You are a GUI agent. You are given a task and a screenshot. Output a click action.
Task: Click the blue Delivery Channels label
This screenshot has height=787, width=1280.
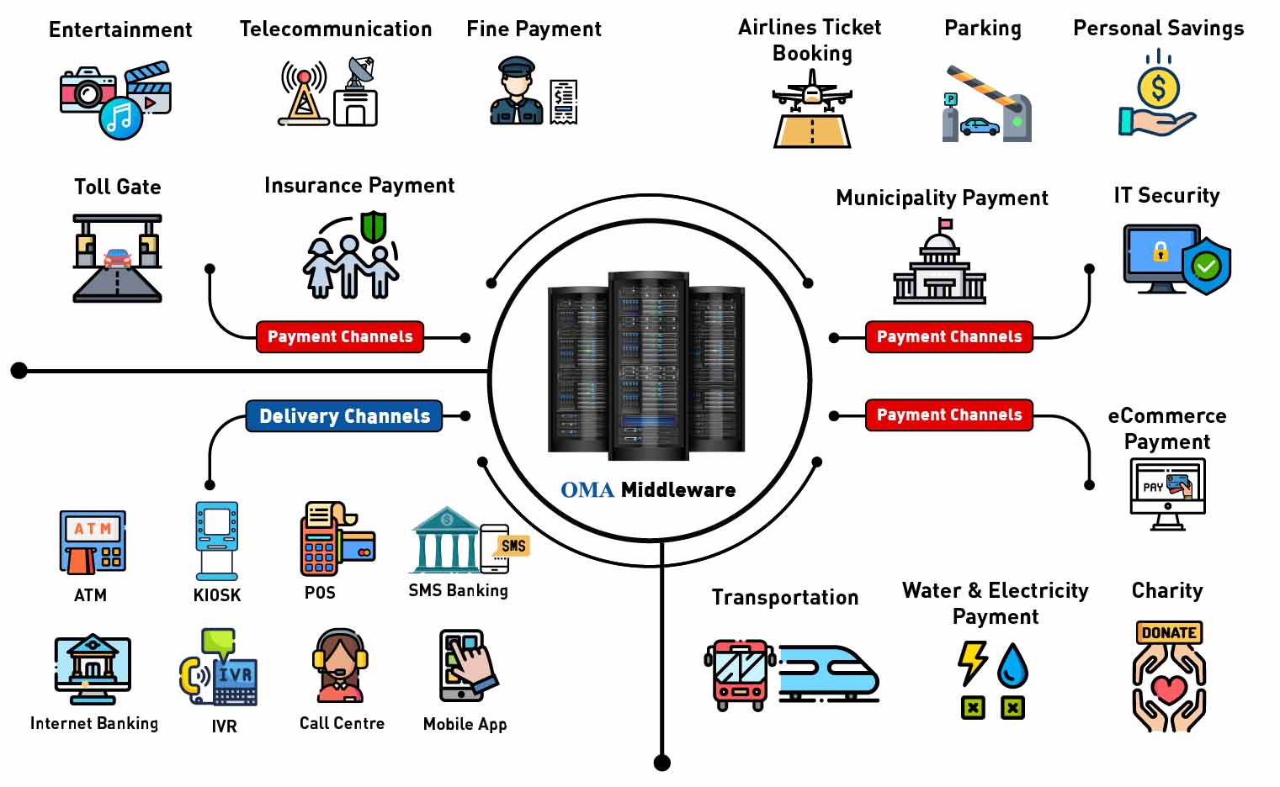pyautogui.click(x=343, y=416)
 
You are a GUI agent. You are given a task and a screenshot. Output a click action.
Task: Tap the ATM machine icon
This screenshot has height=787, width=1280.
pyautogui.click(x=92, y=542)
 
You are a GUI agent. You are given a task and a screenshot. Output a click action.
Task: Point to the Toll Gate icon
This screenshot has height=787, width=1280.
pyautogui.click(x=117, y=257)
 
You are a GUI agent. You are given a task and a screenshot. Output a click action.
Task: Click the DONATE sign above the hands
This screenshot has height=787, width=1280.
pyautogui.click(x=1169, y=632)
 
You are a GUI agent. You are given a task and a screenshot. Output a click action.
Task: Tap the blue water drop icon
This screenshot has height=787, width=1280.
pyautogui.click(x=1012, y=665)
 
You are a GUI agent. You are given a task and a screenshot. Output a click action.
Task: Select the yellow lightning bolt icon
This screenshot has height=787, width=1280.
pyautogui.click(x=973, y=663)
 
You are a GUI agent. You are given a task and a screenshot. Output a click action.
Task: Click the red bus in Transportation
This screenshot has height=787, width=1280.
pyautogui.click(x=739, y=673)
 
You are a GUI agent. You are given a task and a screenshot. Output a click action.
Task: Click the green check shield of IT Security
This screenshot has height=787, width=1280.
pyautogui.click(x=1206, y=267)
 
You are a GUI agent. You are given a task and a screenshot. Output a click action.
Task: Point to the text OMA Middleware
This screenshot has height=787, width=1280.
pyautogui.click(x=648, y=489)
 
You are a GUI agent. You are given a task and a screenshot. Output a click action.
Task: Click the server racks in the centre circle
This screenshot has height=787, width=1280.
pyautogui.click(x=646, y=366)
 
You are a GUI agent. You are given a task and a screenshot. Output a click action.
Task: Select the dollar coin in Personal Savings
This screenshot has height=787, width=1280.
pyautogui.click(x=1158, y=87)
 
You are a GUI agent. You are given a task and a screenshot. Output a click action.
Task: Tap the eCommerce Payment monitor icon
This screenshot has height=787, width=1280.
pyautogui.click(x=1167, y=493)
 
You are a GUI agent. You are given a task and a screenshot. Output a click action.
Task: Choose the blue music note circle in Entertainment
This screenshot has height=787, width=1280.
pyautogui.click(x=121, y=118)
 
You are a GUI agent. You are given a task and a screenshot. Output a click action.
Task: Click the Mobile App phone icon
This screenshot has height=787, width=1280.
pyautogui.click(x=465, y=665)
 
